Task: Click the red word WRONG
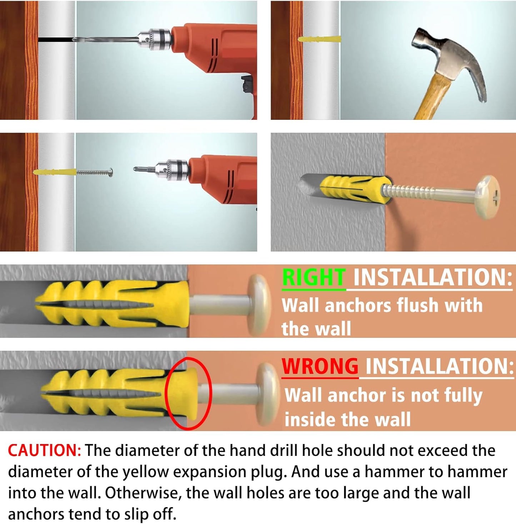pyautogui.click(x=320, y=366)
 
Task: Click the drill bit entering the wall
pyautogui.click(x=106, y=40)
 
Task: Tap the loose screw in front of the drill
pyautogui.click(x=95, y=173)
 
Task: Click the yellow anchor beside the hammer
pyautogui.click(x=319, y=39)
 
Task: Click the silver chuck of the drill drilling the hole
pyautogui.click(x=154, y=40)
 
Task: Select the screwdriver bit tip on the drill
pyautogui.click(x=135, y=169)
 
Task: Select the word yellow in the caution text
pyautogui.click(x=145, y=472)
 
